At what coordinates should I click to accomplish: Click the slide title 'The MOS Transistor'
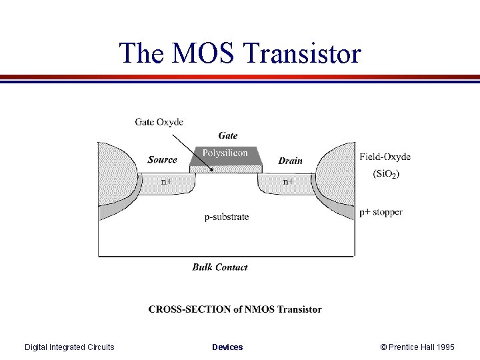[x=240, y=53]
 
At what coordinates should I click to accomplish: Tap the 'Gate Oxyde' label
[x=159, y=122]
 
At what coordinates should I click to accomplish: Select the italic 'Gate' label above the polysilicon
[x=227, y=135]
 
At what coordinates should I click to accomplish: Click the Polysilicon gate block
[x=225, y=154]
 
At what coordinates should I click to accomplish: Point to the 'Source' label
[x=162, y=160]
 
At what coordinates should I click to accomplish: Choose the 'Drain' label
[x=290, y=161]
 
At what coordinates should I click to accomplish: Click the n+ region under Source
[x=166, y=181]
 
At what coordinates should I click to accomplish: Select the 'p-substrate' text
[x=227, y=217]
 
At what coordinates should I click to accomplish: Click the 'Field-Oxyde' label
[x=385, y=157]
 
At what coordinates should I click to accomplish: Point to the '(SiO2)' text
[x=386, y=173]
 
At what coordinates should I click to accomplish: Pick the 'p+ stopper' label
[x=381, y=212]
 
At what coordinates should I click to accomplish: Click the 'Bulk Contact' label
[x=220, y=267]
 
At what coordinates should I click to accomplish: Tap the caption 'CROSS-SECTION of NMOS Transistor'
[x=235, y=309]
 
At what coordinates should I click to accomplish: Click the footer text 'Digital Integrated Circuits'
[x=69, y=347]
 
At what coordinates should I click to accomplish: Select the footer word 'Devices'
[x=227, y=347]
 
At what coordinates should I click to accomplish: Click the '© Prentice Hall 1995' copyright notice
[x=417, y=347]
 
